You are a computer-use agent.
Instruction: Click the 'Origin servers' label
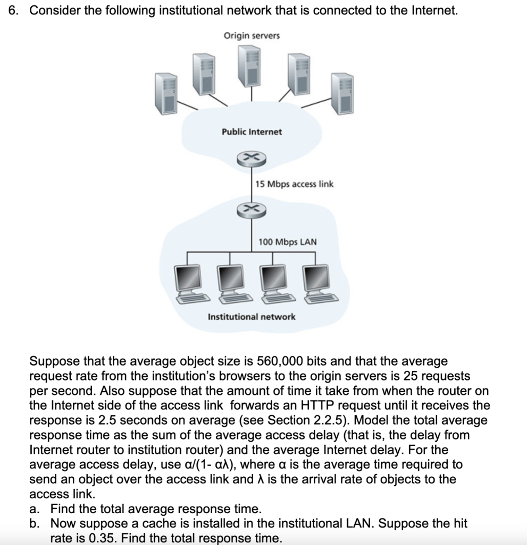pos(252,36)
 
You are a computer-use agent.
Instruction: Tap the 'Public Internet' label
pos(252,131)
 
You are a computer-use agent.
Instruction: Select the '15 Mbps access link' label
pos(294,184)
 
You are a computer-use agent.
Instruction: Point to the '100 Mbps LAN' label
pos(287,242)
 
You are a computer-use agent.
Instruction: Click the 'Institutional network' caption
pos(252,317)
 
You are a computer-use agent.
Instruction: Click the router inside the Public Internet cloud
pos(251,158)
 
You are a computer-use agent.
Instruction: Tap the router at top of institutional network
pos(251,210)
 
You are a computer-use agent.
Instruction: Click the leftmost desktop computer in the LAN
pos(190,283)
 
